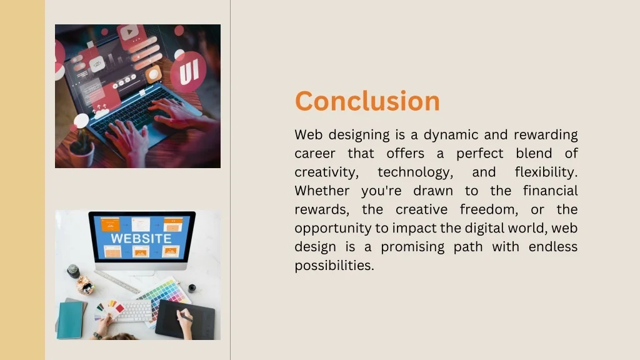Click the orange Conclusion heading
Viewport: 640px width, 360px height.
[x=367, y=101]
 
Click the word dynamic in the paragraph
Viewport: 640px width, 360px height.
[x=451, y=135]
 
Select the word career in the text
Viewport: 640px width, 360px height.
[x=314, y=154]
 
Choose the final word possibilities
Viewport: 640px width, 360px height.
[x=334, y=266]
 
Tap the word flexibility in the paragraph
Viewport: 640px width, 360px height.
[x=546, y=172]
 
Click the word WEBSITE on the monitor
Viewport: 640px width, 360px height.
[x=141, y=239]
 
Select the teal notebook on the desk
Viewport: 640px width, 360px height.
[x=70, y=319]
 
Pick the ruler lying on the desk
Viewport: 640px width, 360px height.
[x=116, y=282]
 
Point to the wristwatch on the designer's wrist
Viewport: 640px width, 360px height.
[x=97, y=335]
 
